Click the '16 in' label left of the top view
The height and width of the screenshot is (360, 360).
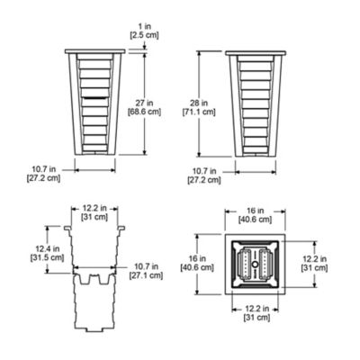[205, 259]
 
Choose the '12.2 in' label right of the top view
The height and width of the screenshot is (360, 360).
[329, 258]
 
